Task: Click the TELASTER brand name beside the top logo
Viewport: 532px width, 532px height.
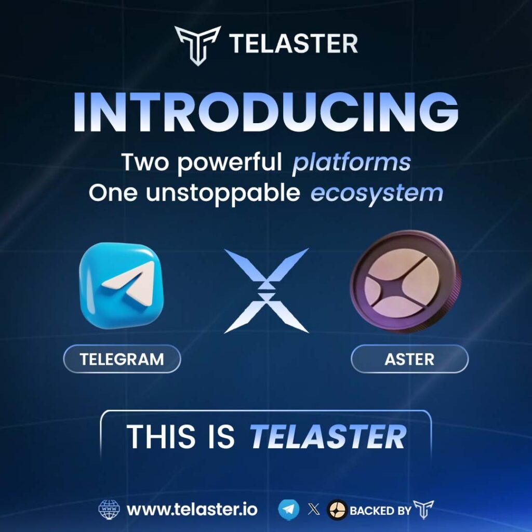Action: [x=294, y=44]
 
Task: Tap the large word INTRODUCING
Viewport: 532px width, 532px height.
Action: [x=266, y=113]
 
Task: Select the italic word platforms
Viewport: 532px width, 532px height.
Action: [x=351, y=163]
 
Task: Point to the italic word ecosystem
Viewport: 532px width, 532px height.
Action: [x=377, y=193]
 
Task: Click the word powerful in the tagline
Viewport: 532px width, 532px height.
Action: [x=231, y=163]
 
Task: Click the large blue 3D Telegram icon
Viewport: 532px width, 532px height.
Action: [x=122, y=286]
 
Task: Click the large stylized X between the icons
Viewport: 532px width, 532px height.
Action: [x=266, y=290]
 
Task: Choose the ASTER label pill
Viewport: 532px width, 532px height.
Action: [x=409, y=359]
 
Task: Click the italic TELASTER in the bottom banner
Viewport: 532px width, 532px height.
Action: [x=328, y=437]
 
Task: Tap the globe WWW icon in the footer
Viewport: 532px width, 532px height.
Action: [x=109, y=510]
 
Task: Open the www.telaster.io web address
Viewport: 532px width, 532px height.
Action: [x=192, y=510]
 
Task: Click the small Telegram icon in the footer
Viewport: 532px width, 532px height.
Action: [x=288, y=510]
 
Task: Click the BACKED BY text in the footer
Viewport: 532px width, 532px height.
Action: [x=380, y=510]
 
